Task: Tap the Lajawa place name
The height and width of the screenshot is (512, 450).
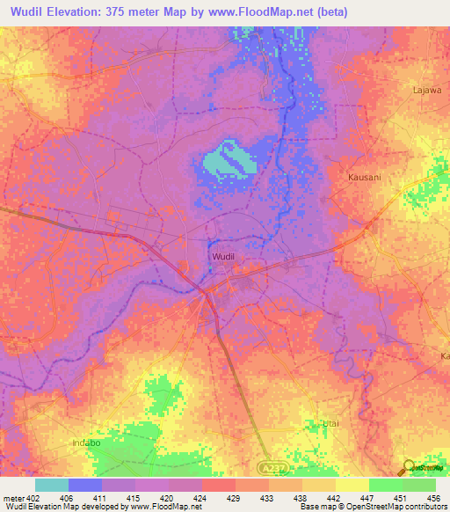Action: (428, 90)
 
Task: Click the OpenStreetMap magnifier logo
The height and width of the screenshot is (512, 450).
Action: (410, 467)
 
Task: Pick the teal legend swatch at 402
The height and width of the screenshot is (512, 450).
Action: (52, 485)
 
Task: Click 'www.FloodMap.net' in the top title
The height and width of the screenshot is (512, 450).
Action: (268, 12)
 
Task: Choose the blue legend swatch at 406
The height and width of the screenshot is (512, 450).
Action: (85, 485)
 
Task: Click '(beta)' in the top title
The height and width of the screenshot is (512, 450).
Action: (331, 12)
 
